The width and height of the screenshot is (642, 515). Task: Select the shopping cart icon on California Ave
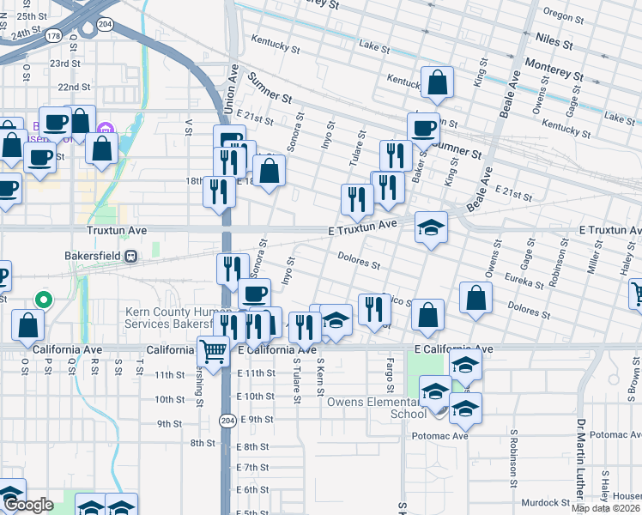213,349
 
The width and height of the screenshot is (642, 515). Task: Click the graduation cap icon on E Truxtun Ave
432,227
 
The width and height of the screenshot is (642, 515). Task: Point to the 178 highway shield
55,36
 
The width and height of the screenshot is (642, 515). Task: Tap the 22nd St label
75,87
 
